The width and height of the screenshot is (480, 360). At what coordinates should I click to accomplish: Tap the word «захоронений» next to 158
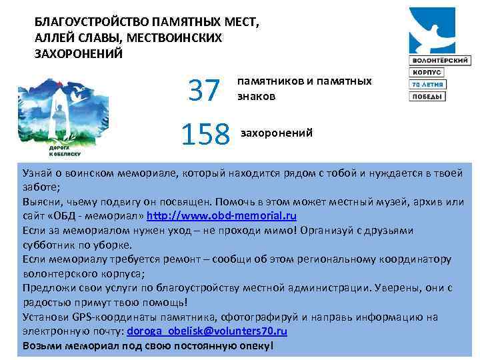point(276,133)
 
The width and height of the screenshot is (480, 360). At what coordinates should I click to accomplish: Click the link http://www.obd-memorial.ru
point(221,216)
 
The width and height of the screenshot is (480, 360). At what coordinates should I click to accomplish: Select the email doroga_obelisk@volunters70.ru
point(207,331)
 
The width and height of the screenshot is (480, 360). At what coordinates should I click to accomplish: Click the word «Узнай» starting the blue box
point(37,173)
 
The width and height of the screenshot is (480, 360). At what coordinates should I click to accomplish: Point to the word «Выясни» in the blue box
point(40,202)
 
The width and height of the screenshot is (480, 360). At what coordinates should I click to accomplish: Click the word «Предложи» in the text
point(47,288)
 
